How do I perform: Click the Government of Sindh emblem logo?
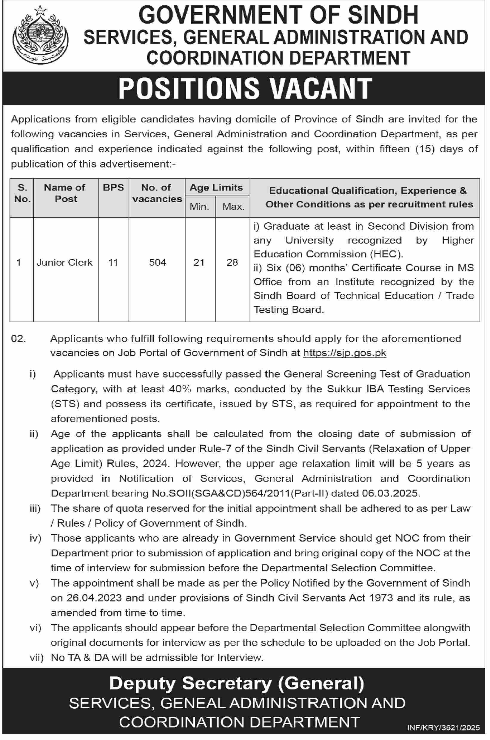pos(41,35)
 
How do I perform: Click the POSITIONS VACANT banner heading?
pos(245,88)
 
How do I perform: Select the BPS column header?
pos(113,187)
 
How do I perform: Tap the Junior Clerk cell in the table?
pos(65,262)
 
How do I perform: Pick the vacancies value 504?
pos(157,262)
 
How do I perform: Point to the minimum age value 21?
pos(199,262)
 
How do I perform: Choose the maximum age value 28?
pos(232,262)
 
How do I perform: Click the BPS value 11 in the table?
pos(113,262)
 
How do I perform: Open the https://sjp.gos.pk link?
pos(345,353)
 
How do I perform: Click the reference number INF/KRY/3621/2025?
pos(443,727)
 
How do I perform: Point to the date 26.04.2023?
pos(94,598)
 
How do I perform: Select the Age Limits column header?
pos(216,187)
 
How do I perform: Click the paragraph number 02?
pos(19,339)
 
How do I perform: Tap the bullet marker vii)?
pos(36,658)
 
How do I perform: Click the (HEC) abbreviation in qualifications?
pos(386,254)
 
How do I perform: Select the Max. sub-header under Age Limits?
pos(233,207)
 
